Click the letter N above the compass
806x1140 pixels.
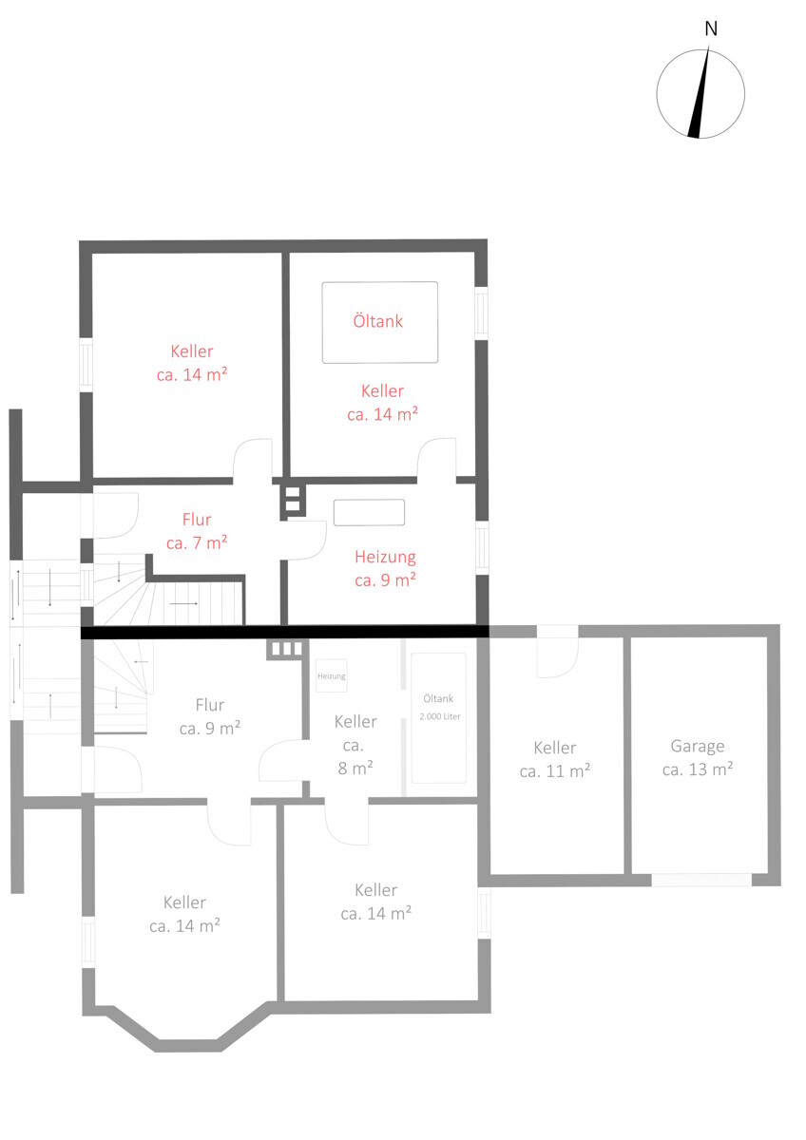pos(711,29)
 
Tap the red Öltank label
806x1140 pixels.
pos(377,321)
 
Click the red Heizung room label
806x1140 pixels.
pos(385,558)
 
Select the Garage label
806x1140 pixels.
pos(697,747)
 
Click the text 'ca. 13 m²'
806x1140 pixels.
pos(697,769)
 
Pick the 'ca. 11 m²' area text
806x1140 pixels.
pos(554,771)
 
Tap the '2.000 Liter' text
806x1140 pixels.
pos(440,716)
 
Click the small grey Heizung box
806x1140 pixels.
pos(332,675)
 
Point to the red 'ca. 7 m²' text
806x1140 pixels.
pos(197,543)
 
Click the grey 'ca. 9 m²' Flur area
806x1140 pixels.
pos(210,729)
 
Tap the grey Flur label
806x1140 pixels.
pos(210,705)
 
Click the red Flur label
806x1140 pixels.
pos(197,520)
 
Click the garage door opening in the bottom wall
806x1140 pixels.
pos(701,880)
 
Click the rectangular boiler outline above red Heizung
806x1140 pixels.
pos(369,512)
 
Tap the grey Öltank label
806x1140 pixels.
pos(438,699)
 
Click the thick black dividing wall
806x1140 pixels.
pos(284,632)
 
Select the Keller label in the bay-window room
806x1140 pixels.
pos(184,902)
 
